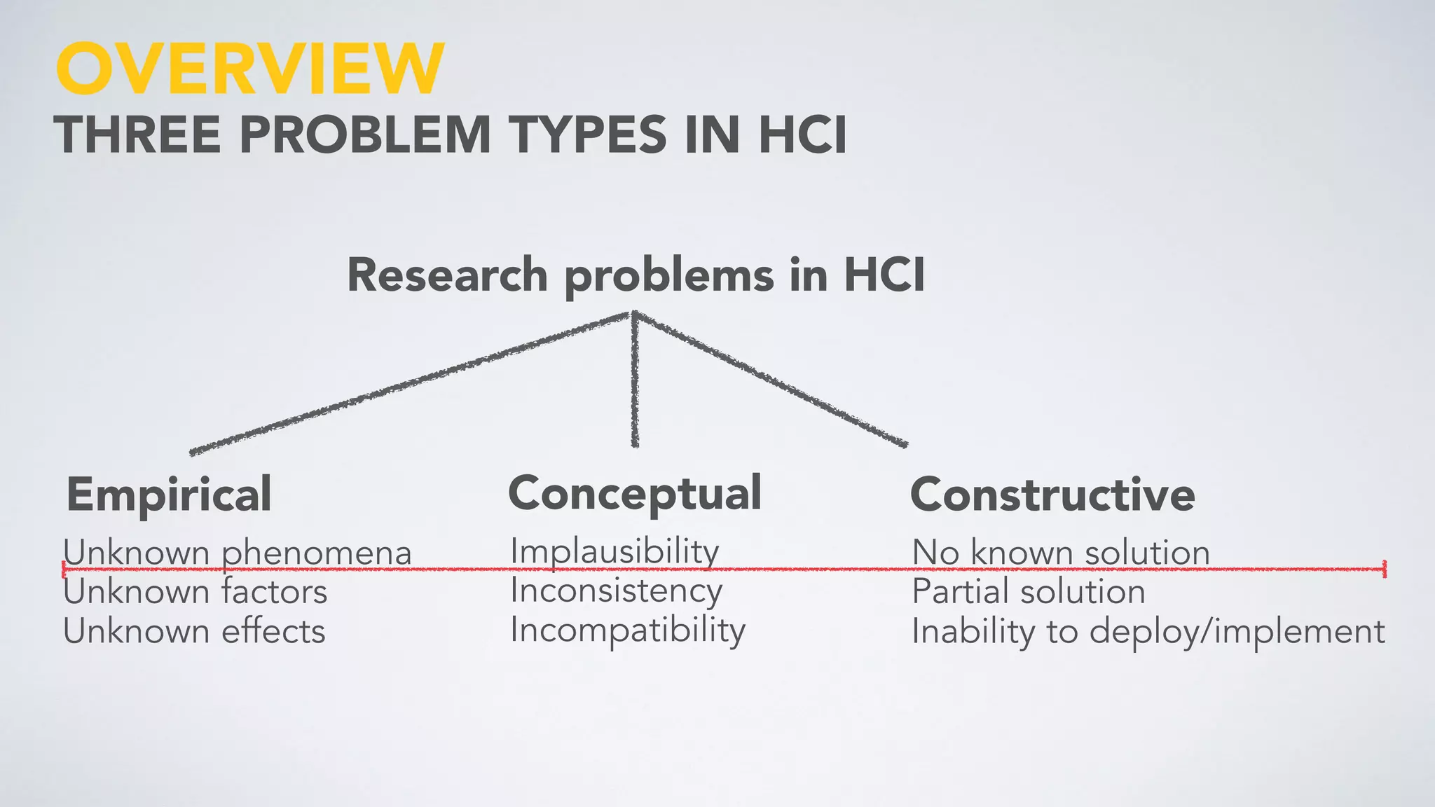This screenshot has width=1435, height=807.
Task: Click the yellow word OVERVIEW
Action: pyautogui.click(x=249, y=68)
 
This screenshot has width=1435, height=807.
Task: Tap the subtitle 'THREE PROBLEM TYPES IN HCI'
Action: pyautogui.click(x=451, y=134)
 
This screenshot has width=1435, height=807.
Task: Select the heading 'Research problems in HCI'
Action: pyautogui.click(x=636, y=275)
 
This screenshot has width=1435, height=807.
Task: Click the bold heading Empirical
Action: pyautogui.click(x=169, y=495)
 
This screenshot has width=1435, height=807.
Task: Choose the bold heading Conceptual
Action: pyautogui.click(x=635, y=493)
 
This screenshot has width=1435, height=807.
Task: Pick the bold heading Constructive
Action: pyautogui.click(x=1052, y=495)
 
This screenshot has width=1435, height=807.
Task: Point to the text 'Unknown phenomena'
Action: pyautogui.click(x=238, y=552)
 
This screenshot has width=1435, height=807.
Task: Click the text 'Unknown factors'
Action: pyautogui.click(x=195, y=592)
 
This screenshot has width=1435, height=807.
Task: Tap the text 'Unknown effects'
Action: pyautogui.click(x=194, y=631)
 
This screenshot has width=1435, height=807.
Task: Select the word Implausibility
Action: pyautogui.click(x=614, y=551)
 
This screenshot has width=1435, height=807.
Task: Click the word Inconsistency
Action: pyautogui.click(x=616, y=591)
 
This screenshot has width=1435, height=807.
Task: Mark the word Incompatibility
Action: pyautogui.click(x=628, y=630)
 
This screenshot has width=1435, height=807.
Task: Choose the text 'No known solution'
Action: pyautogui.click(x=1061, y=552)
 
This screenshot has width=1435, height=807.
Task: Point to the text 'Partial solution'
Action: pyautogui.click(x=1029, y=592)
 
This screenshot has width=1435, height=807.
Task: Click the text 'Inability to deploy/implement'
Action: pyautogui.click(x=1148, y=631)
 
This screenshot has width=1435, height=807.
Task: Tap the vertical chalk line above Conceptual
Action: pyautogui.click(x=635, y=379)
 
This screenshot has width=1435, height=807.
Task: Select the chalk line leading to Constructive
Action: pyautogui.click(x=771, y=379)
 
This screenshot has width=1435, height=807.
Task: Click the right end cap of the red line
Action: pyautogui.click(x=1385, y=569)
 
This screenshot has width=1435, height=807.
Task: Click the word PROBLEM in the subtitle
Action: pyautogui.click(x=364, y=134)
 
